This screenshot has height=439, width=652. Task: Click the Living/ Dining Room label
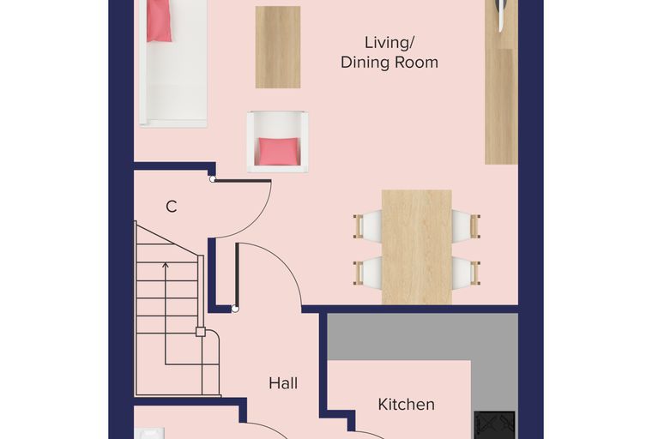click(x=389, y=53)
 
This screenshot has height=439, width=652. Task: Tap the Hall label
click(x=283, y=383)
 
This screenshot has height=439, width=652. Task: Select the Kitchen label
click(x=407, y=404)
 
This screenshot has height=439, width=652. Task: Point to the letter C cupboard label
click(x=172, y=207)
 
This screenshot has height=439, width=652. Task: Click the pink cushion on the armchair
click(x=278, y=151)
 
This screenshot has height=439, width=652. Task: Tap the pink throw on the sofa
click(x=159, y=21)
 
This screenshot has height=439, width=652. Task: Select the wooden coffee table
click(x=278, y=47)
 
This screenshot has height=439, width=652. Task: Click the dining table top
click(x=417, y=247)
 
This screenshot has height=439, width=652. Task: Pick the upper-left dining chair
click(x=367, y=226)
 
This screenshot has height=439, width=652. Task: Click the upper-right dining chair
click(x=466, y=226)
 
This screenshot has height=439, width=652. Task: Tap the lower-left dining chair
click(x=367, y=273)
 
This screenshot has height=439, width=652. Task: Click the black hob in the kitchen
click(x=495, y=425)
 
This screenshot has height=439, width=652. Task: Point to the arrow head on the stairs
click(x=166, y=265)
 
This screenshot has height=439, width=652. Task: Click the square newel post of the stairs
click(x=201, y=332)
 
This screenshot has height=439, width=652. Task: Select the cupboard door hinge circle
click(x=213, y=179)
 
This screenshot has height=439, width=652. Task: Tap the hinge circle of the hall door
click(x=235, y=309)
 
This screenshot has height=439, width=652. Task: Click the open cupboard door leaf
click(x=242, y=181)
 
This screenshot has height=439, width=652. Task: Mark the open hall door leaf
click(x=237, y=275)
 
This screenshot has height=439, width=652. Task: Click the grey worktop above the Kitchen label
click(x=422, y=337)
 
